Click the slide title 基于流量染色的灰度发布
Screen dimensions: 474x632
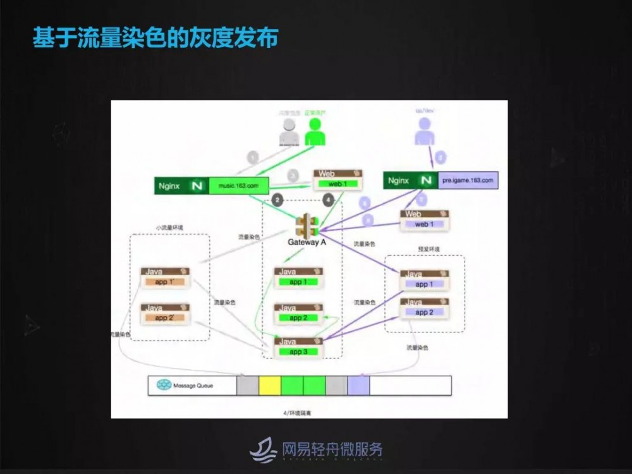pyautogui.click(x=155, y=38)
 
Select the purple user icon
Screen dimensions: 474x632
pyautogui.click(x=425, y=131)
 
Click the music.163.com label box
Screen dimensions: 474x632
pyautogui.click(x=238, y=186)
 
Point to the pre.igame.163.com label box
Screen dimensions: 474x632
pyautogui.click(x=468, y=181)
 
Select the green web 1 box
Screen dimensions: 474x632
pyautogui.click(x=338, y=184)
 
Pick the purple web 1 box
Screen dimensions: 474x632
pyautogui.click(x=425, y=224)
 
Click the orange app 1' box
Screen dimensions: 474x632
pyautogui.click(x=166, y=281)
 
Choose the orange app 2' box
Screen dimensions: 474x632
pyautogui.click(x=166, y=318)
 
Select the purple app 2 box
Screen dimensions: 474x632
pyautogui.click(x=424, y=312)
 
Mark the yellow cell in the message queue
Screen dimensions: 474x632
pyautogui.click(x=270, y=386)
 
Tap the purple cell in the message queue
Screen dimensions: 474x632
pyautogui.click(x=358, y=386)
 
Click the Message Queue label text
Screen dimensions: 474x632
pyautogui.click(x=195, y=386)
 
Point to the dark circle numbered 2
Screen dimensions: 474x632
pyautogui.click(x=277, y=200)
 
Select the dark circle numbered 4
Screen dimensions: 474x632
pyautogui.click(x=328, y=200)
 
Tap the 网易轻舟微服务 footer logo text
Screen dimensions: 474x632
pyautogui.click(x=332, y=450)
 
